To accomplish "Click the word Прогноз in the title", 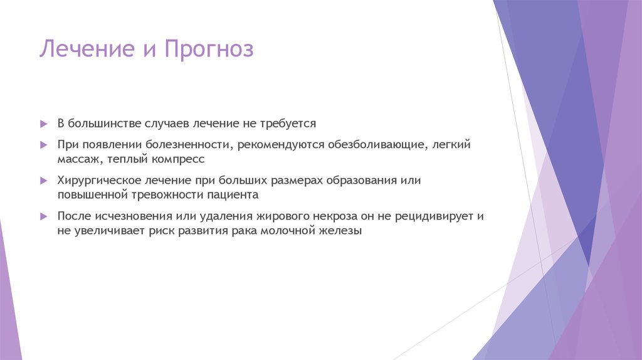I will [x=209, y=49].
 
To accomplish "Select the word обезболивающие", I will [x=375, y=145].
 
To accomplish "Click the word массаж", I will [x=78, y=159].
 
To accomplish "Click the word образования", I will [x=361, y=181].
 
